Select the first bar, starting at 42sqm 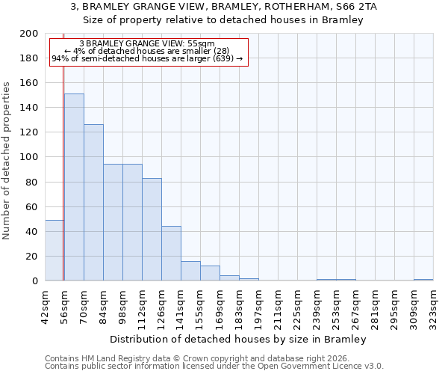[54, 251]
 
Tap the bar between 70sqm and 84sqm [93, 203]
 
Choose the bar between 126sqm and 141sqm [171, 254]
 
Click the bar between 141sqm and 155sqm [190, 272]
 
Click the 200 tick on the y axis [29, 34]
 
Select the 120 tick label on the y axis [29, 132]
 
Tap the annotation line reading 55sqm [147, 44]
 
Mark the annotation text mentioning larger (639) [147, 58]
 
